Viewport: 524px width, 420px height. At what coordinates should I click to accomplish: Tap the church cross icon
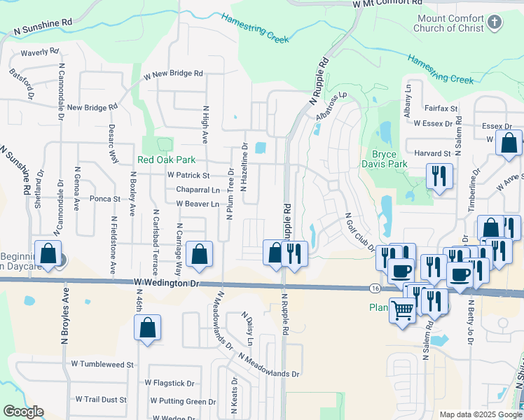[x=495, y=23]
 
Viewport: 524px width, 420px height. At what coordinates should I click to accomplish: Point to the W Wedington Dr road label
[x=167, y=283]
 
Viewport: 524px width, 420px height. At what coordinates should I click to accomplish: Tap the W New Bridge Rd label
[x=173, y=73]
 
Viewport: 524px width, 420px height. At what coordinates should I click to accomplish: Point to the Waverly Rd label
[x=39, y=52]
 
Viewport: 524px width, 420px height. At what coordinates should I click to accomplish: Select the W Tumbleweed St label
[x=102, y=365]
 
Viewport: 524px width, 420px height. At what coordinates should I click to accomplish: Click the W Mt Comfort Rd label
[x=379, y=4]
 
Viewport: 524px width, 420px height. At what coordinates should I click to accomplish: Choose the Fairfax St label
[x=440, y=109]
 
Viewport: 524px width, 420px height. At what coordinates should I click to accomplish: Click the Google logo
[x=22, y=412]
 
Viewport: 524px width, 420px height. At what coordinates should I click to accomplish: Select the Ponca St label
[x=105, y=199]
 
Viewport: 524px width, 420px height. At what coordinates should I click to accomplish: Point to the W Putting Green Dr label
[x=183, y=402]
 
